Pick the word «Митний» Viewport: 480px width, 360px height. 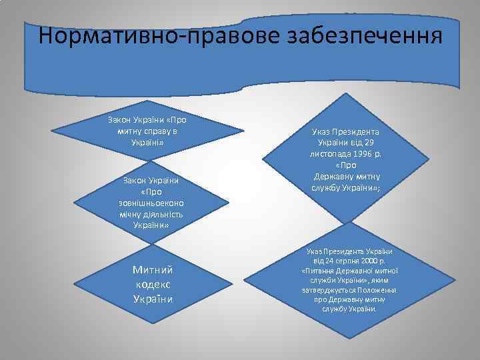(x=153, y=270)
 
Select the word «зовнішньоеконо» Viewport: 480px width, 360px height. (x=151, y=203)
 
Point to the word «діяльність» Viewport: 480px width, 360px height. (x=161, y=215)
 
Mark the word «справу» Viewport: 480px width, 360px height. (x=151, y=131)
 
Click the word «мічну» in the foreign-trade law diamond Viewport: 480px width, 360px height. (x=127, y=215)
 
